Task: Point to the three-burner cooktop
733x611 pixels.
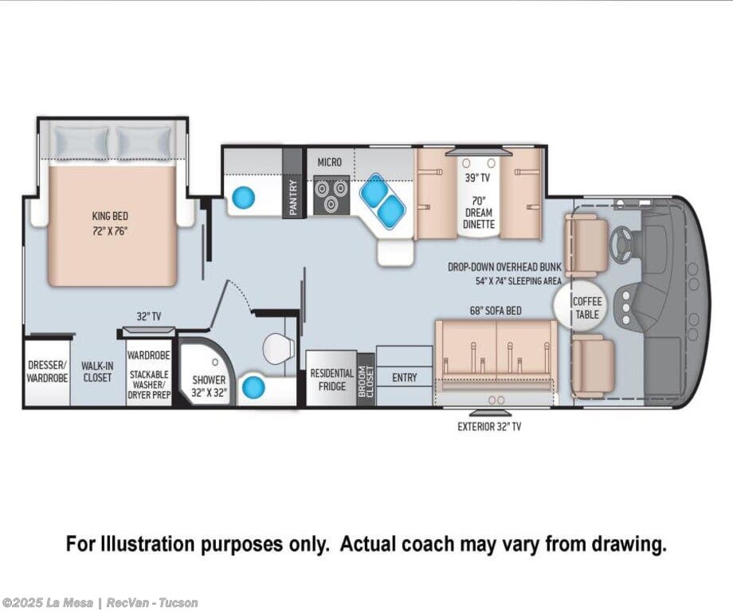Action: [331, 194]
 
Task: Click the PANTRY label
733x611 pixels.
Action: [293, 198]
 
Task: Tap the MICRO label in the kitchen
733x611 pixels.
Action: [330, 163]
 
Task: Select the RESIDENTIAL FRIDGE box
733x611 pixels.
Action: [331, 378]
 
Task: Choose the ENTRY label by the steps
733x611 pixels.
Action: [405, 378]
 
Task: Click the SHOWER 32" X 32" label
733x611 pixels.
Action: [209, 386]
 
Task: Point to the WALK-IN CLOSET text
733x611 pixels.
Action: [97, 371]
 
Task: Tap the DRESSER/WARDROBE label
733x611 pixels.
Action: [47, 371]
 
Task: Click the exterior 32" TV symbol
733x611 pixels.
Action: [490, 413]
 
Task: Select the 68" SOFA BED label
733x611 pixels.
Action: [496, 311]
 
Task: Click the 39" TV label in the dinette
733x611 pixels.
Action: [476, 178]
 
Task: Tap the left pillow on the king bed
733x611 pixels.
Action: [81, 142]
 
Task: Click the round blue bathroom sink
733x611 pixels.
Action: [253, 387]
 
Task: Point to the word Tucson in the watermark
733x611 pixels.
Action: [178, 602]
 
